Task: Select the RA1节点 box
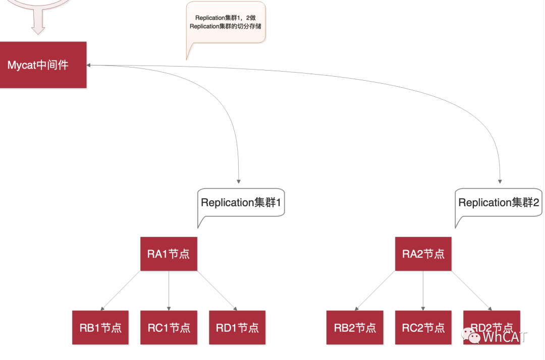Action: click(x=169, y=254)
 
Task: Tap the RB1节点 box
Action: click(x=100, y=328)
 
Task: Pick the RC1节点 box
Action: click(x=169, y=328)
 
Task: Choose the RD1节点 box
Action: click(x=237, y=328)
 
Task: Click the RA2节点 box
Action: click(x=423, y=254)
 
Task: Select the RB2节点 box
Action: click(x=355, y=328)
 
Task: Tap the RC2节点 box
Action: click(x=423, y=328)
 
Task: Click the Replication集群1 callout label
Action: click(x=240, y=203)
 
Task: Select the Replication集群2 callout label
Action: click(x=499, y=203)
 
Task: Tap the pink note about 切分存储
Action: click(x=225, y=22)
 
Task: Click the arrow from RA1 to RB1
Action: click(x=121, y=290)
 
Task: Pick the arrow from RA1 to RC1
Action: click(x=169, y=290)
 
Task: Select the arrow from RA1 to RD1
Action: click(x=217, y=290)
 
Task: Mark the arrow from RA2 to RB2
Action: click(x=375, y=290)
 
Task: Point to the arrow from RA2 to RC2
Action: click(x=423, y=290)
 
